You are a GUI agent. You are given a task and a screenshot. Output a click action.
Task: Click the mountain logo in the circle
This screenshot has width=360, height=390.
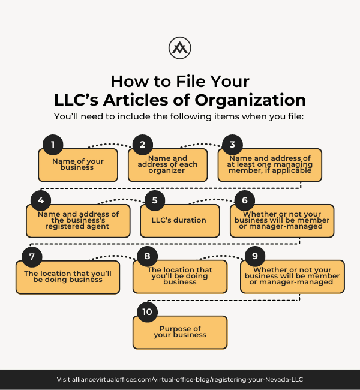click(x=179, y=48)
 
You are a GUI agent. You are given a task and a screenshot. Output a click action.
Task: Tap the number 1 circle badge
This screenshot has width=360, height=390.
click(x=53, y=145)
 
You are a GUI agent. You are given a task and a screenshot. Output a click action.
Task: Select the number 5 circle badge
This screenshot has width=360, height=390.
click(x=155, y=200)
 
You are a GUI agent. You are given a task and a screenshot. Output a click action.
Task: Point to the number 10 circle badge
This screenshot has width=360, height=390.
click(x=147, y=312)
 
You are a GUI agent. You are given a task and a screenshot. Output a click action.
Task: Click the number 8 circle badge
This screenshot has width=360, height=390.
click(x=147, y=256)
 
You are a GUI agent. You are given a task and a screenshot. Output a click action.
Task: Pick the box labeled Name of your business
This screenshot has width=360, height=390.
click(x=78, y=165)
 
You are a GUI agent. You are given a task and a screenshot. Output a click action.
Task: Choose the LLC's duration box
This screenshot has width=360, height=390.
click(x=180, y=221)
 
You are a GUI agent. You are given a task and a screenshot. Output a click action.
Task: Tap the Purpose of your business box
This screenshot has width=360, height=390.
click(x=180, y=332)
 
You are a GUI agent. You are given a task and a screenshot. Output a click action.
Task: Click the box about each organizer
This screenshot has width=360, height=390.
click(x=167, y=165)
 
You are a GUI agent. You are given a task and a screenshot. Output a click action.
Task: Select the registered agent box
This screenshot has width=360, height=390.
click(x=78, y=221)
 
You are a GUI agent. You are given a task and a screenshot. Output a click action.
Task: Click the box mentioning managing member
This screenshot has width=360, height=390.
click(x=270, y=165)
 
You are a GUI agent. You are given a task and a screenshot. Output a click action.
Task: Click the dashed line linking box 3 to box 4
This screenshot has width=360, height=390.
click(x=170, y=188)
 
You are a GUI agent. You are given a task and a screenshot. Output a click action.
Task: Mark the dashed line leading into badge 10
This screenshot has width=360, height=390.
click(x=223, y=301)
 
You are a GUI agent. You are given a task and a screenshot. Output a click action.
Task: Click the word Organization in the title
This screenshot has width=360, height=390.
click(x=250, y=100)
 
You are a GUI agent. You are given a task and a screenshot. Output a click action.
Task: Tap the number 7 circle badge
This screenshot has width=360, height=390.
click(x=32, y=257)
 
